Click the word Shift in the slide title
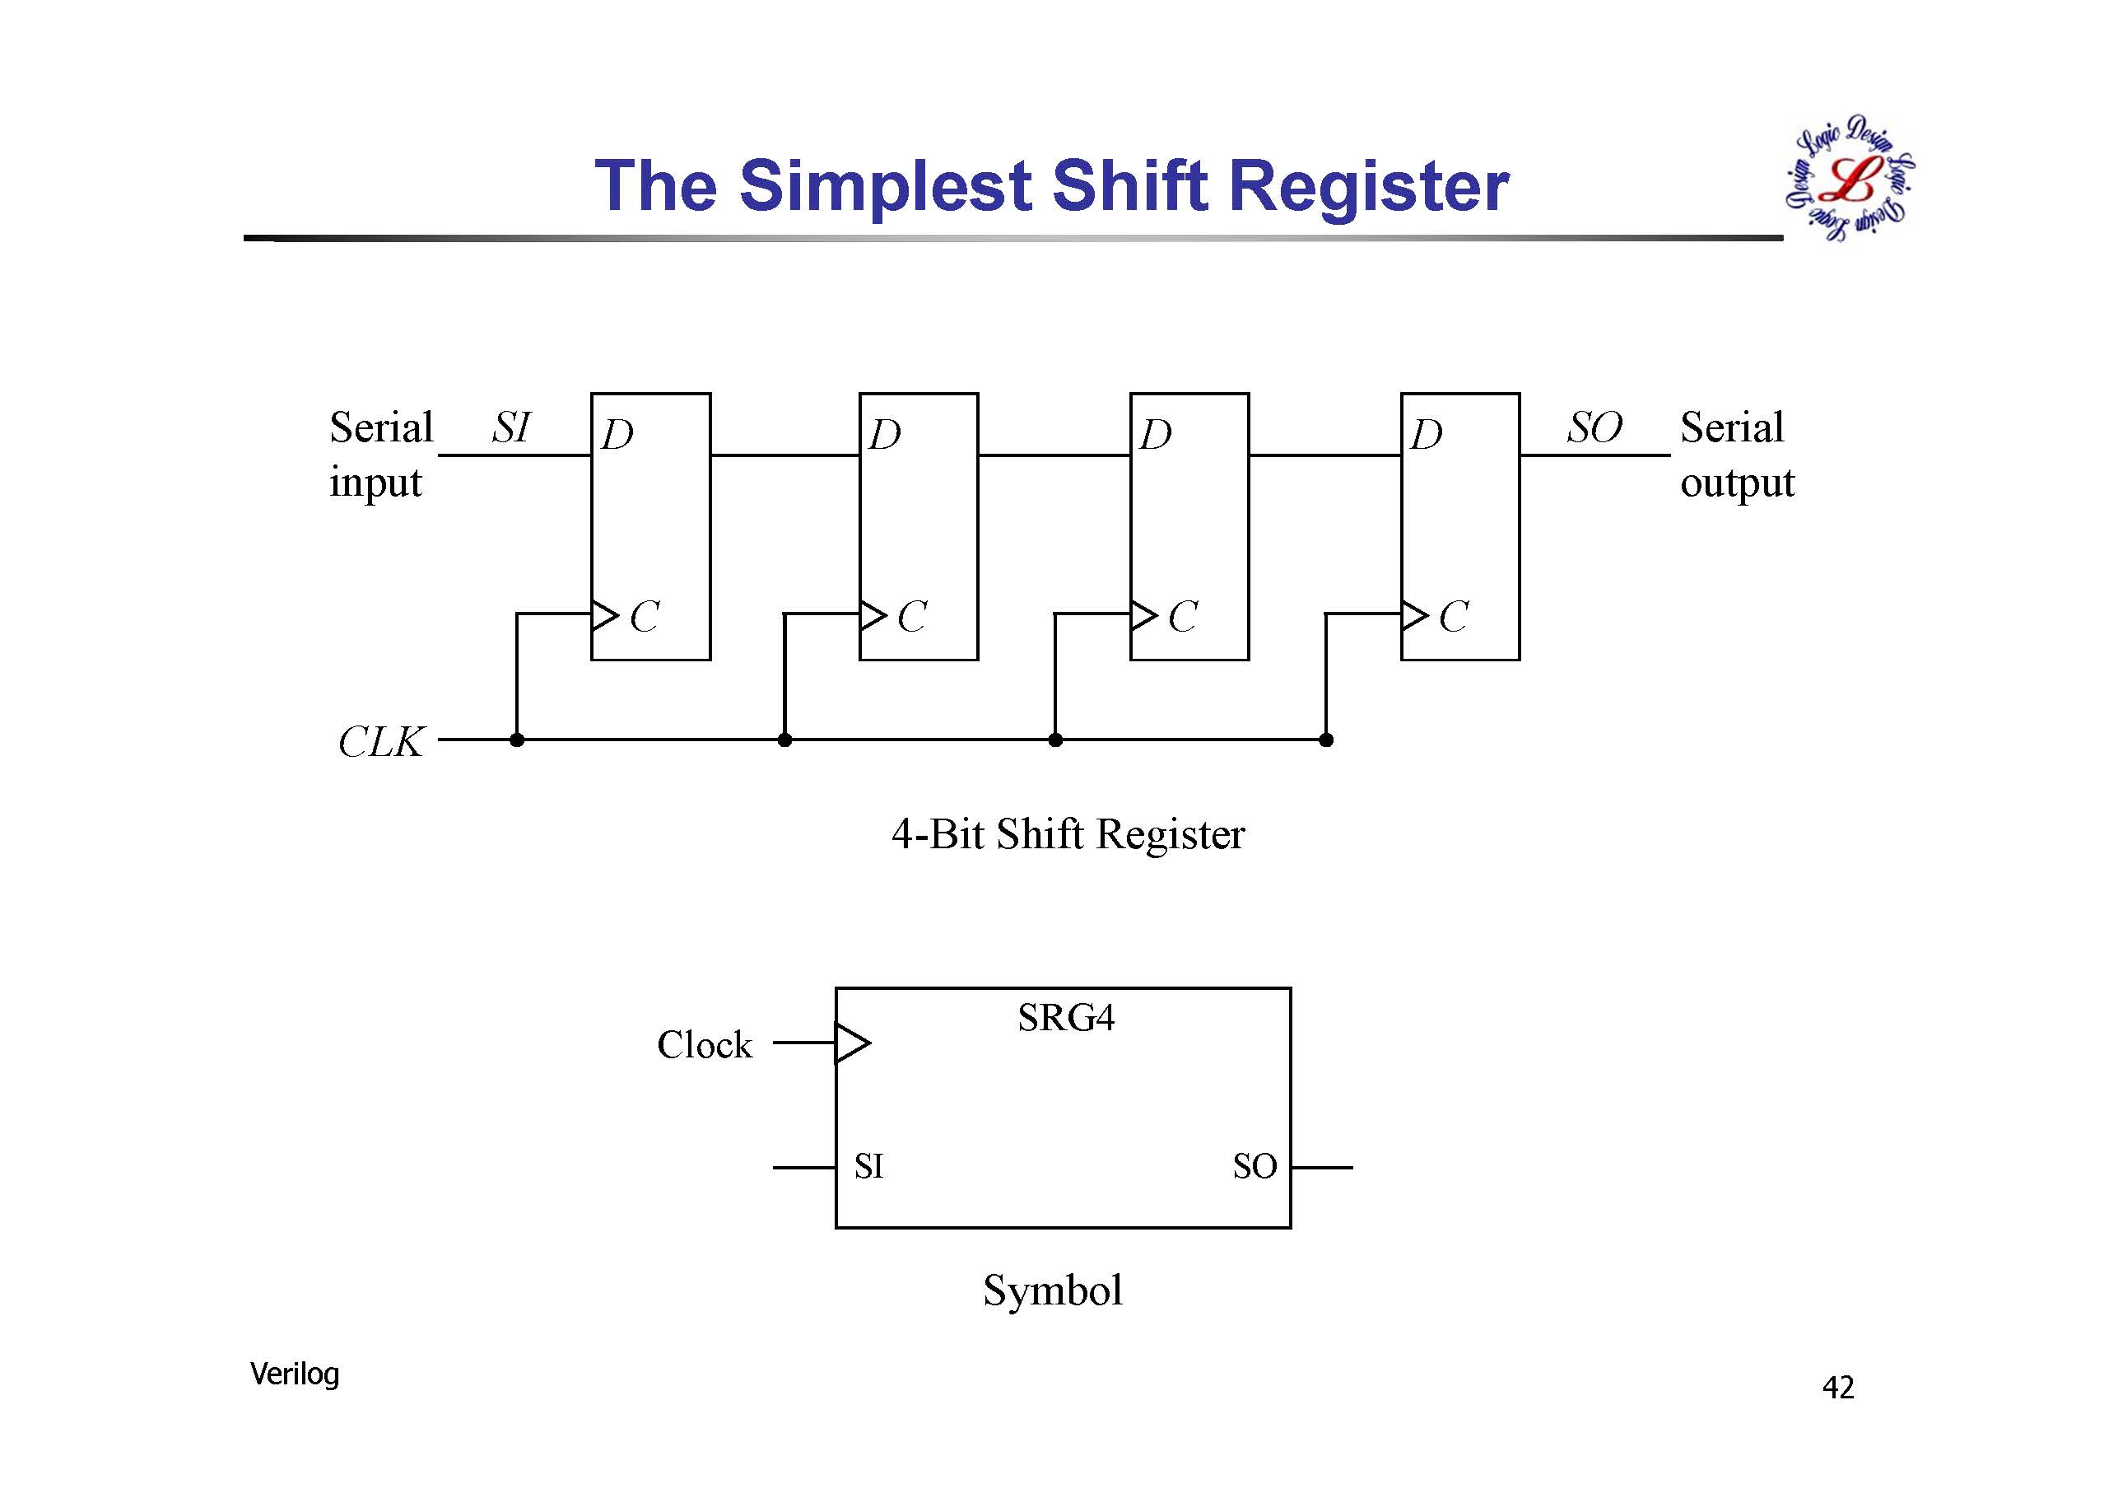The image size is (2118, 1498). coord(1129,185)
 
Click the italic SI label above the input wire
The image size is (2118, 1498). coord(511,427)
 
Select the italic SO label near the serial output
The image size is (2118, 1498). coord(1594,427)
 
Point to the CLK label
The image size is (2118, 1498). coord(381,742)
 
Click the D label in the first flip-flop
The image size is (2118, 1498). coord(617,435)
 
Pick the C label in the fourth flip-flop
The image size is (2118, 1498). coord(1454,617)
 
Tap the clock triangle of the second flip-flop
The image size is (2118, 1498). coord(873,614)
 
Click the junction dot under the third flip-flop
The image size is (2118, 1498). coord(1055,740)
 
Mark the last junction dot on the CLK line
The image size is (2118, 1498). coord(1325,740)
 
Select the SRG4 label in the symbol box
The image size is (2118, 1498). coord(1065,1018)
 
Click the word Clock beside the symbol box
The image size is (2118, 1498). coord(704,1045)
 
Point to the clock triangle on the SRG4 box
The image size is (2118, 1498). coord(851,1043)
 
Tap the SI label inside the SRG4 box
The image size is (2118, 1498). coord(869,1167)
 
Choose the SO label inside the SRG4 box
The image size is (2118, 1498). coord(1255,1167)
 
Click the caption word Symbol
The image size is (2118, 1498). coord(1053,1290)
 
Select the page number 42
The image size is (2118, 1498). coord(1837,1388)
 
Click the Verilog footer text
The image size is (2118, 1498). coord(294,1374)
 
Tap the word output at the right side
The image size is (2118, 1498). coord(1737,483)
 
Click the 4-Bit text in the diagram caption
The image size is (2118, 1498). coord(939,834)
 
